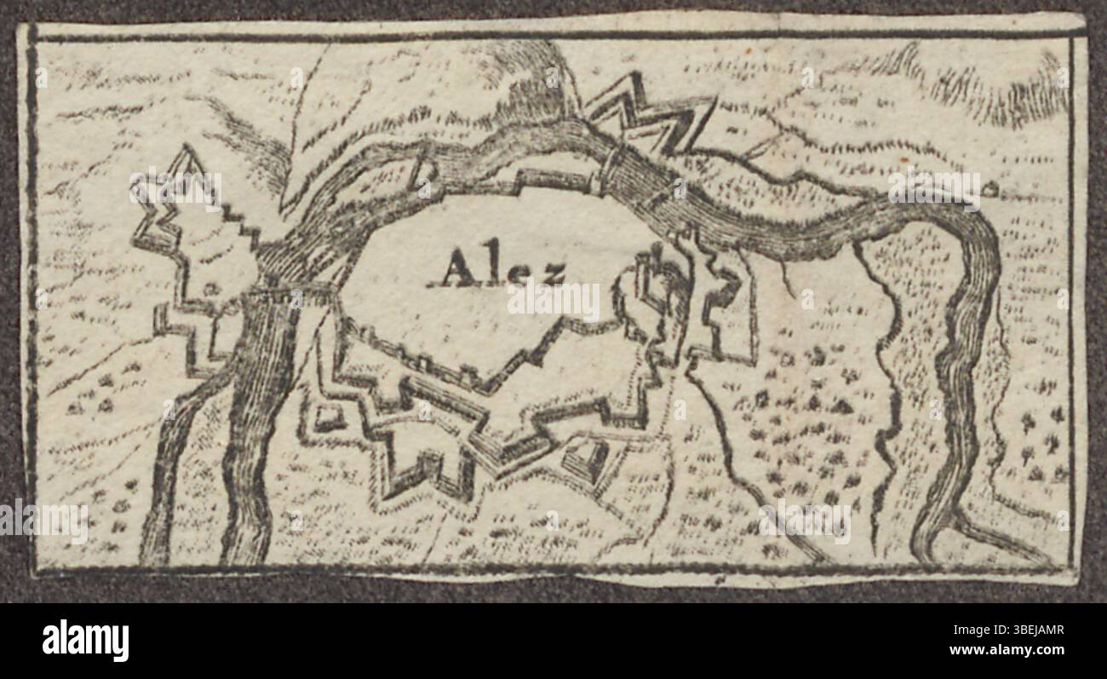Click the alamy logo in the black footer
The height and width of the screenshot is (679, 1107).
tap(85, 640)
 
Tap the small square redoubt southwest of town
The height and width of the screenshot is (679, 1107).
tap(328, 417)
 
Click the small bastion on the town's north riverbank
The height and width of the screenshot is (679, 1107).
tap(422, 175)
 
